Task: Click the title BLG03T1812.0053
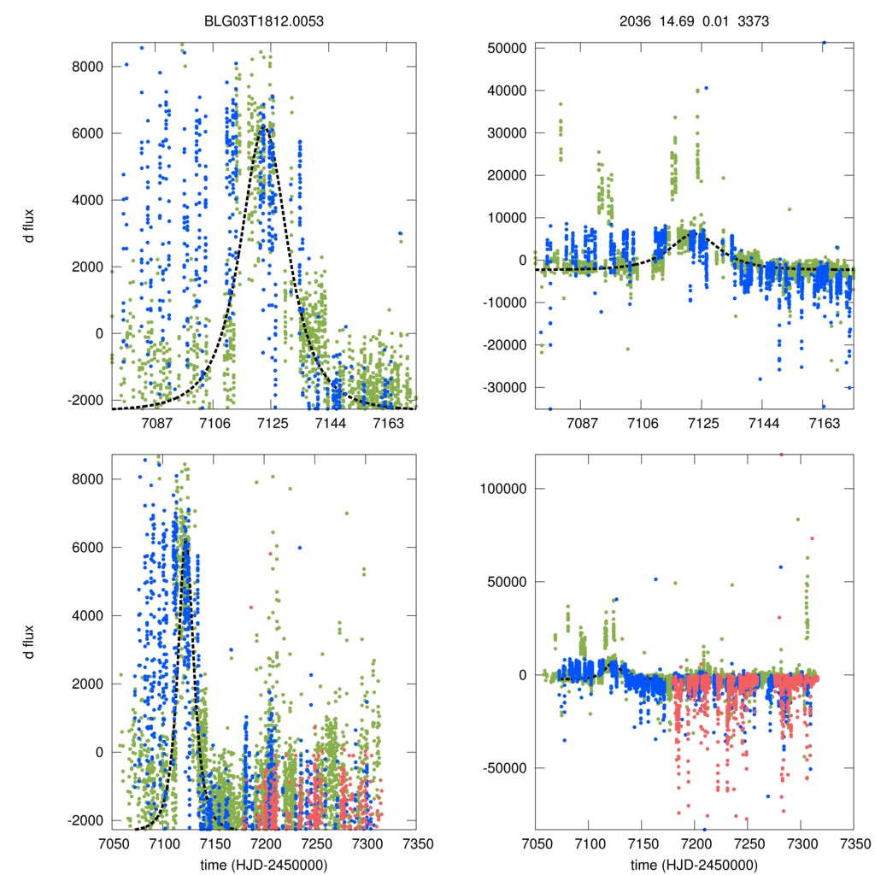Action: pyautogui.click(x=262, y=21)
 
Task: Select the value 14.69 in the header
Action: pyautogui.click(x=674, y=21)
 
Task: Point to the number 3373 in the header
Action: pyautogui.click(x=752, y=21)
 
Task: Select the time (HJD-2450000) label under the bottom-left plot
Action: pyautogui.click(x=262, y=865)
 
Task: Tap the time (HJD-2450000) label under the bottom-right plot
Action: pyautogui.click(x=694, y=865)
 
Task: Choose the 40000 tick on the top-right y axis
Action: pyautogui.click(x=510, y=90)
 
